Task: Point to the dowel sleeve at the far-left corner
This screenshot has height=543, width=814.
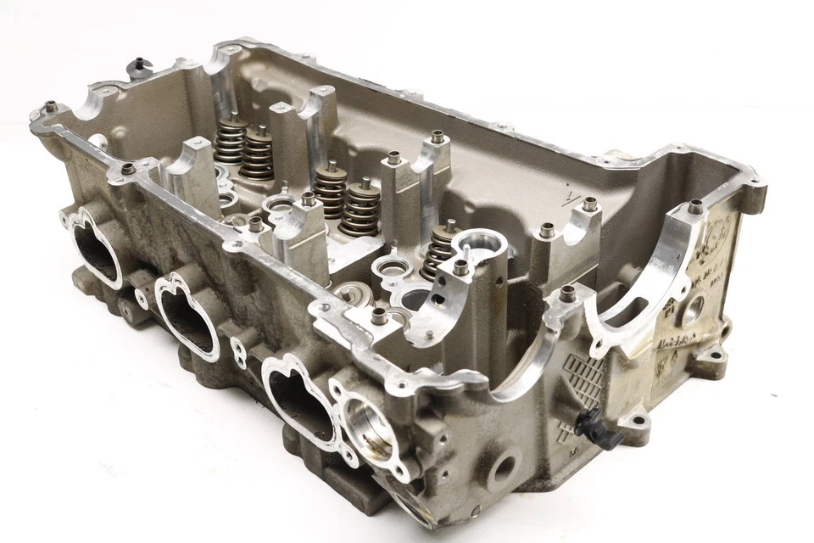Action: click(x=51, y=107)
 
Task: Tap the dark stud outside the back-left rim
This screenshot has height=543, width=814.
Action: click(x=138, y=64)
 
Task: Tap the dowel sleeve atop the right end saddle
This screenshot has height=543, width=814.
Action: click(x=695, y=206)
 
